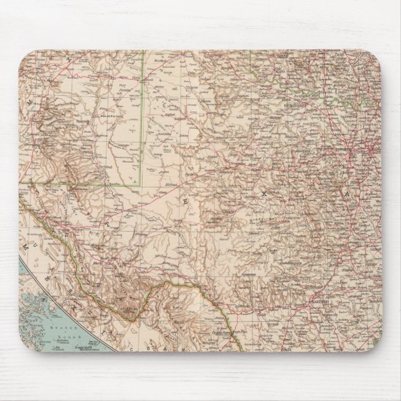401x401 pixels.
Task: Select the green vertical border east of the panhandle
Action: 252,62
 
